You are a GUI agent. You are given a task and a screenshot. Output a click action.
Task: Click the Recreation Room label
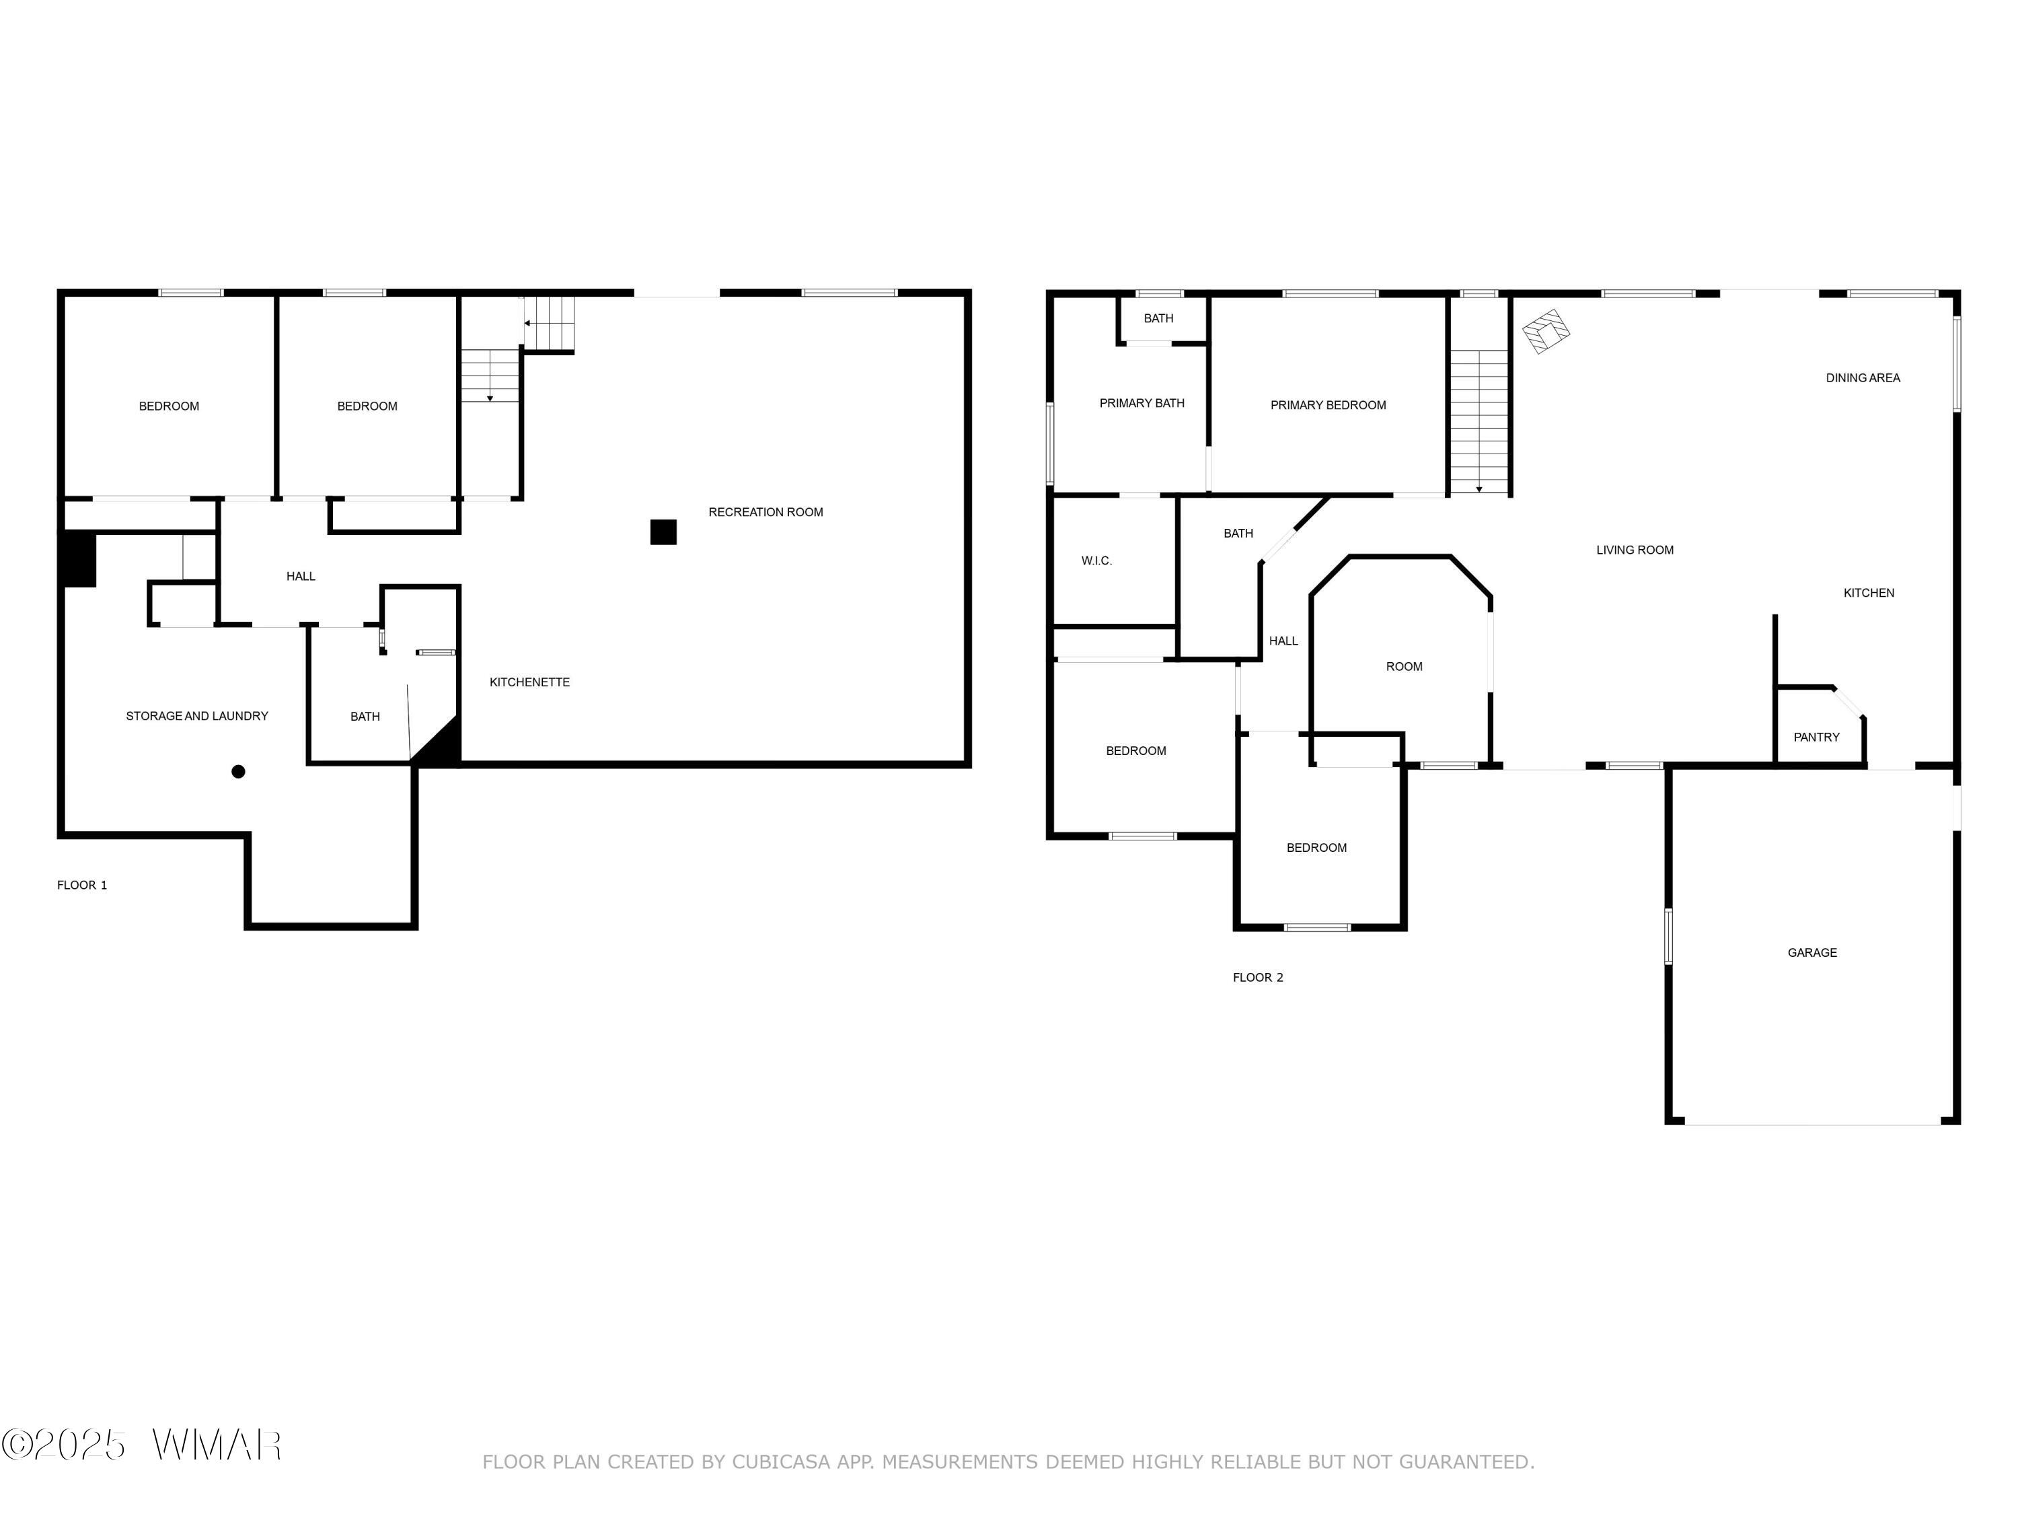[x=765, y=512]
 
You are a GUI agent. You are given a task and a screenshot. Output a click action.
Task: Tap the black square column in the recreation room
[x=663, y=532]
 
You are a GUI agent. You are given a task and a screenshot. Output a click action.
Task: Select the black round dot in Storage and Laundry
[x=238, y=771]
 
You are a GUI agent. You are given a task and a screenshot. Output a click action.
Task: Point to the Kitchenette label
[x=529, y=682]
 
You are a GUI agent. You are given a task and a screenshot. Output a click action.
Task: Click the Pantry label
[x=1816, y=736]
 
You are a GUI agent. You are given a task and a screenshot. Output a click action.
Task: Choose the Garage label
[x=1811, y=952]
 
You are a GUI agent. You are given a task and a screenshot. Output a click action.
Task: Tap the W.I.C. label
[x=1096, y=561]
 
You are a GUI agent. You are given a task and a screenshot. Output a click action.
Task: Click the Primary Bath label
[x=1142, y=402]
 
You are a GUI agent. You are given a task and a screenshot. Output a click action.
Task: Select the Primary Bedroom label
[x=1329, y=404]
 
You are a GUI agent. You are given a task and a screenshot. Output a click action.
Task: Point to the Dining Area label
[x=1863, y=377]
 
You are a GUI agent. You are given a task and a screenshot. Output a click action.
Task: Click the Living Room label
[x=1635, y=549]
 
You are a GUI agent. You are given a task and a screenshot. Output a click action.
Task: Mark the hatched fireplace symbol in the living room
[x=1546, y=330]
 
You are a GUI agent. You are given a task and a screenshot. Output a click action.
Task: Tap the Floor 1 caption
[x=82, y=884]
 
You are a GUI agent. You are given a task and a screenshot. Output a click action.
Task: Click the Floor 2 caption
[x=1257, y=976]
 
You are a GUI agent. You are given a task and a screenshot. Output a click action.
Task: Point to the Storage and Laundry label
[x=197, y=715]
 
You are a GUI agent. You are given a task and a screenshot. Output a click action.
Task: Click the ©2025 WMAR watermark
[x=141, y=1445]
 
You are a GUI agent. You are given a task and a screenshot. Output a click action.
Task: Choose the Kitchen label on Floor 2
[x=1869, y=592]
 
